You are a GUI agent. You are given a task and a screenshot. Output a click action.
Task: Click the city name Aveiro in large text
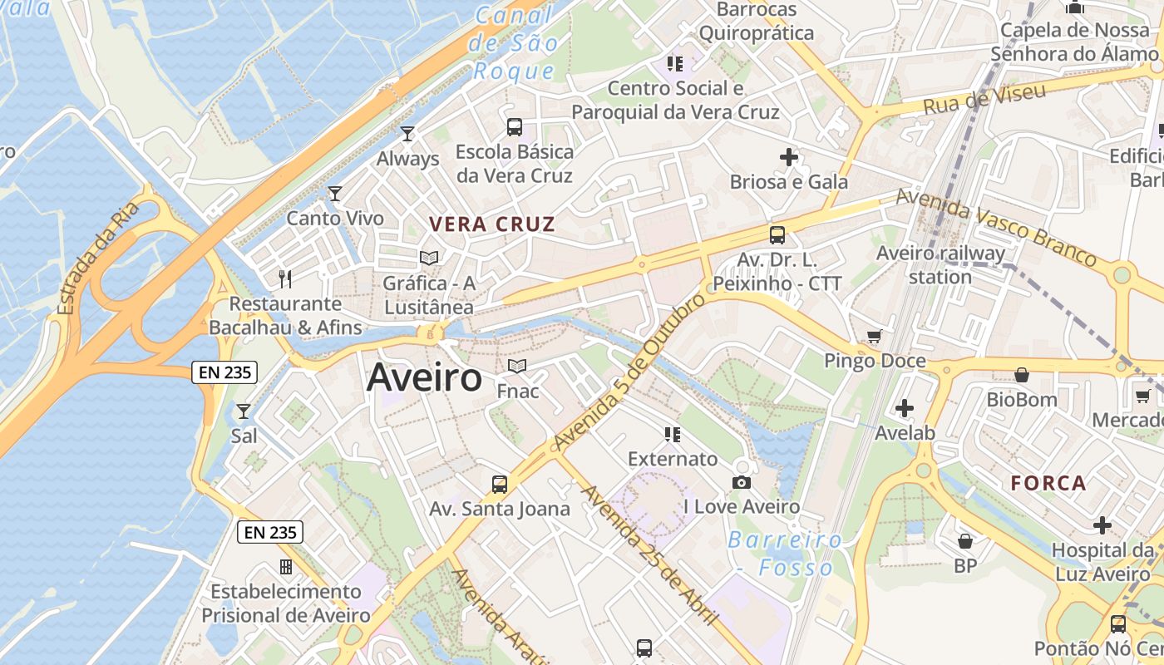tap(424, 377)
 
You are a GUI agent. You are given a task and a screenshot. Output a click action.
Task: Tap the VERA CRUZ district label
tap(492, 224)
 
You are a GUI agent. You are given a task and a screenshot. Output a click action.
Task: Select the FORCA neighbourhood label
tap(1048, 483)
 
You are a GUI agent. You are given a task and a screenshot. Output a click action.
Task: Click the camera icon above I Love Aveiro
tap(742, 482)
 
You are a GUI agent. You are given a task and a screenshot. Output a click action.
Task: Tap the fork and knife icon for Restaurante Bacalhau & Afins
tap(285, 278)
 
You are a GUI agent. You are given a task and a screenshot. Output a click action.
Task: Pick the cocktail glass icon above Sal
tap(243, 411)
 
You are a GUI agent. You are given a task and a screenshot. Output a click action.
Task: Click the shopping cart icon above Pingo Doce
tap(874, 337)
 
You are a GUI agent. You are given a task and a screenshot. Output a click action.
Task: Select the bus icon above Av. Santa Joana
tap(499, 485)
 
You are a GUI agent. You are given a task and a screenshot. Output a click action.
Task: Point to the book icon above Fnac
tap(517, 366)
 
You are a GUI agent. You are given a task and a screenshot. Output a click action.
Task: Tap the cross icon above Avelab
tap(905, 408)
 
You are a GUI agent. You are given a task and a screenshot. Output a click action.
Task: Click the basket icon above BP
tap(965, 542)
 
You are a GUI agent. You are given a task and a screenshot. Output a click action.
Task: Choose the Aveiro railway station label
tap(940, 264)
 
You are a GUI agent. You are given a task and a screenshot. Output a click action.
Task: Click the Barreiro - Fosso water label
tap(785, 554)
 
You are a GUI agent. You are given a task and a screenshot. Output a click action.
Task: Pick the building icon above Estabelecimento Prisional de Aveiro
tap(286, 567)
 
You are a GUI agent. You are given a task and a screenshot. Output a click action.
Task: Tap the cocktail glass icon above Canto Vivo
tap(335, 194)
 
